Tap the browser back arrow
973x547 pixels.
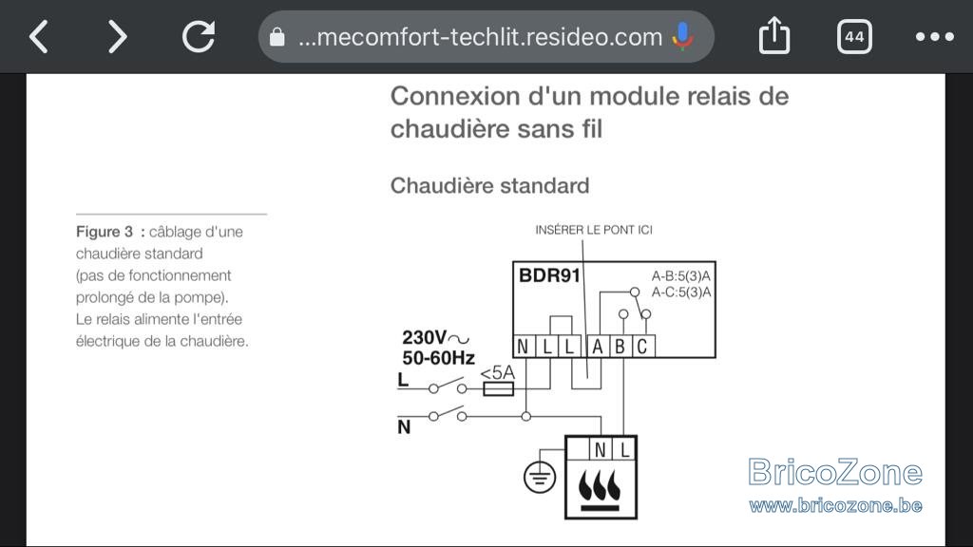(39, 37)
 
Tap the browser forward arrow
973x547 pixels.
(117, 37)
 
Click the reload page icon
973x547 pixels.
(199, 36)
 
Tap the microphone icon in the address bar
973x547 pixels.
(682, 36)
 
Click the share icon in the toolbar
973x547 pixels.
(774, 35)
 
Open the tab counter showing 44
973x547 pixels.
(854, 37)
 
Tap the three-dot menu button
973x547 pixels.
(935, 37)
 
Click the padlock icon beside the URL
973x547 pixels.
(277, 37)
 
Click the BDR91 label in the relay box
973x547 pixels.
(549, 274)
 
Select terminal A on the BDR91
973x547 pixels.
(597, 346)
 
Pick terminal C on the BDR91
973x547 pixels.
(642, 346)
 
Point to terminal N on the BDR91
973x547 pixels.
(524, 346)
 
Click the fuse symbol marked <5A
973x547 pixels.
(498, 388)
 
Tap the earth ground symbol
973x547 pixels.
(540, 477)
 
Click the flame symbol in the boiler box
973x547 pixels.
(600, 488)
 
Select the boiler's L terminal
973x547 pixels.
(625, 449)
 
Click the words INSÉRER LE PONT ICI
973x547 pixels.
(594, 230)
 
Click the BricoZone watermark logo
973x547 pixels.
(835, 484)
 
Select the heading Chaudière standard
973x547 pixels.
(489, 185)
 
